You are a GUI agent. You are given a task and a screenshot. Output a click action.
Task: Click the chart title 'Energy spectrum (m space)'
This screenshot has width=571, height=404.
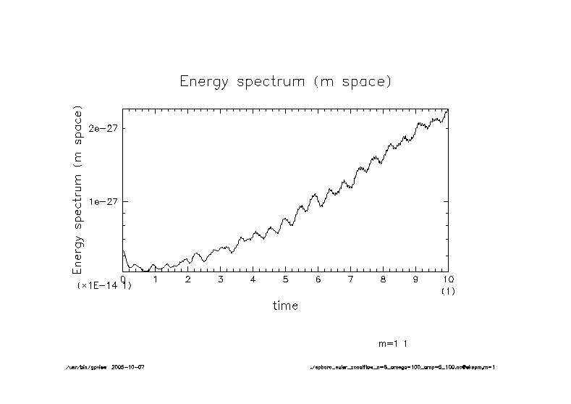click(x=285, y=81)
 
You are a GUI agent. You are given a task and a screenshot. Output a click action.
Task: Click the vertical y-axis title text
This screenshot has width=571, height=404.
click(x=77, y=190)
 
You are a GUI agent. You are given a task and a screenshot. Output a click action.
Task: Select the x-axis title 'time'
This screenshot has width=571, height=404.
click(x=285, y=306)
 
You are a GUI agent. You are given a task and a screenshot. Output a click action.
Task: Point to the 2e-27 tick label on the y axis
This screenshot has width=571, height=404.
click(x=102, y=128)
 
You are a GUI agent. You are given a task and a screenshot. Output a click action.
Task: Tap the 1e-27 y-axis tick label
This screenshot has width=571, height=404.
click(x=102, y=201)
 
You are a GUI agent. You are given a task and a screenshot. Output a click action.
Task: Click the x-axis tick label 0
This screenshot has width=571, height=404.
click(x=123, y=279)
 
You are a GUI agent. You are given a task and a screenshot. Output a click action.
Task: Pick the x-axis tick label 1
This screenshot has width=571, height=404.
click(x=156, y=279)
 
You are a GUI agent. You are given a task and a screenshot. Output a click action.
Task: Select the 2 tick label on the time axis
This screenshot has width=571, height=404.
click(x=188, y=279)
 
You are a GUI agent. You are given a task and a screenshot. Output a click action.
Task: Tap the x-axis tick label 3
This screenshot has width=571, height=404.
click(x=221, y=279)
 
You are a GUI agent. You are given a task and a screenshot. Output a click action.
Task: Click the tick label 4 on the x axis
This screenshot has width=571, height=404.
click(x=253, y=279)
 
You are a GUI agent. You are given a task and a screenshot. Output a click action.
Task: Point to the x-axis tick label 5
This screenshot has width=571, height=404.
click(x=286, y=279)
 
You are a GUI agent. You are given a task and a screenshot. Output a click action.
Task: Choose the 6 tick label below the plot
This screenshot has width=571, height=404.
click(x=318, y=279)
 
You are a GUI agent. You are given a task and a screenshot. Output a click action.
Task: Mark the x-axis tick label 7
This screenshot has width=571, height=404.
click(x=350, y=279)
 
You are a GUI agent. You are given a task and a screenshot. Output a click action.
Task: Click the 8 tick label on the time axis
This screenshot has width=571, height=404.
click(x=383, y=279)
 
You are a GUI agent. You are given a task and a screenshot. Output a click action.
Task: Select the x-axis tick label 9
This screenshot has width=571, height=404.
click(x=415, y=279)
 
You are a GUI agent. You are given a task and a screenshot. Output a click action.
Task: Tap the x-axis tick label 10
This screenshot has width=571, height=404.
click(x=448, y=279)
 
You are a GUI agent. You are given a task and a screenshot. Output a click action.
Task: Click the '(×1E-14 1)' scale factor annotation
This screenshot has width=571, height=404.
click(x=104, y=287)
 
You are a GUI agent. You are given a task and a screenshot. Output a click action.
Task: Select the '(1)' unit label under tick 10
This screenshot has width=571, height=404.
click(x=448, y=290)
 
